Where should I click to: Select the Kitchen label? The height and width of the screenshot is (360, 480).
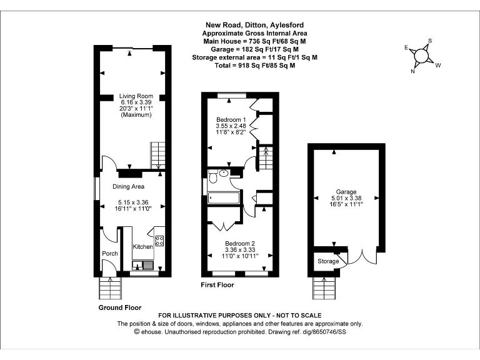142,247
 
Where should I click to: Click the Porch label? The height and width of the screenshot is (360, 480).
110,253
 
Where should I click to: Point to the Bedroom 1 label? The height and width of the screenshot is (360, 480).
231,119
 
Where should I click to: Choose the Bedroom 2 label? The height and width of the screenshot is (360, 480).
239,242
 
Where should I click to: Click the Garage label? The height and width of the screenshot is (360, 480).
346,192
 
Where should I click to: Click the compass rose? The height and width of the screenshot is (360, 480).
422,56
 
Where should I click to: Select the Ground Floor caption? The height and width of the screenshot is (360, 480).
120,307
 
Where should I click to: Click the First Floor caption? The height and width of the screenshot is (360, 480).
217,285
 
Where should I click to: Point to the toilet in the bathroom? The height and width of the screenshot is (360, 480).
214,178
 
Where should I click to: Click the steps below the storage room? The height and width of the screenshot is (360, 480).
324,288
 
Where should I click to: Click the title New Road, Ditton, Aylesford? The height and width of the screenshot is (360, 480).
255,26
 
